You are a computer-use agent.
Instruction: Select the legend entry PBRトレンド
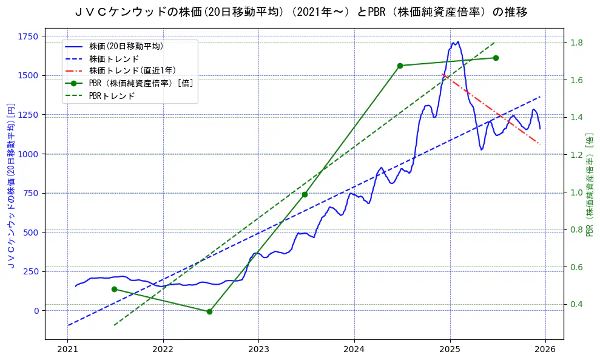coord(112,96)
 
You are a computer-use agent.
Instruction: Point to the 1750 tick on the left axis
coord(28,36)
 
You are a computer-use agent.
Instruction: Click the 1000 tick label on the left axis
coord(28,154)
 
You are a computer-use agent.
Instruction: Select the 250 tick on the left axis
coord(30,271)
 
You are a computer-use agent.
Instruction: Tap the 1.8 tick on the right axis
coord(576,42)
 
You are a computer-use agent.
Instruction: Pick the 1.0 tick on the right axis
coord(576,192)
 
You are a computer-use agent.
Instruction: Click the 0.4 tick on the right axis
coord(576,304)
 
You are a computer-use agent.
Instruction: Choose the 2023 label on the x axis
coord(258,350)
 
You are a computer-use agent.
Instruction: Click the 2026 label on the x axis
coord(545,350)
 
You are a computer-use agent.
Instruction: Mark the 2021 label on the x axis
coord(67,350)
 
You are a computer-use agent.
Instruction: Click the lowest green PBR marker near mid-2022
coord(209,311)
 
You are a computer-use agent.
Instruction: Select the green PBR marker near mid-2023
coord(305,194)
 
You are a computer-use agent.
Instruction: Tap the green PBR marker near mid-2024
coord(400,66)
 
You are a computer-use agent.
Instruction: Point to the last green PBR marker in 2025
coord(496,58)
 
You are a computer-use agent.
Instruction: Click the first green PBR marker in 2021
coord(114,289)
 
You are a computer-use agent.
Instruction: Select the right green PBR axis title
coord(590,185)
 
